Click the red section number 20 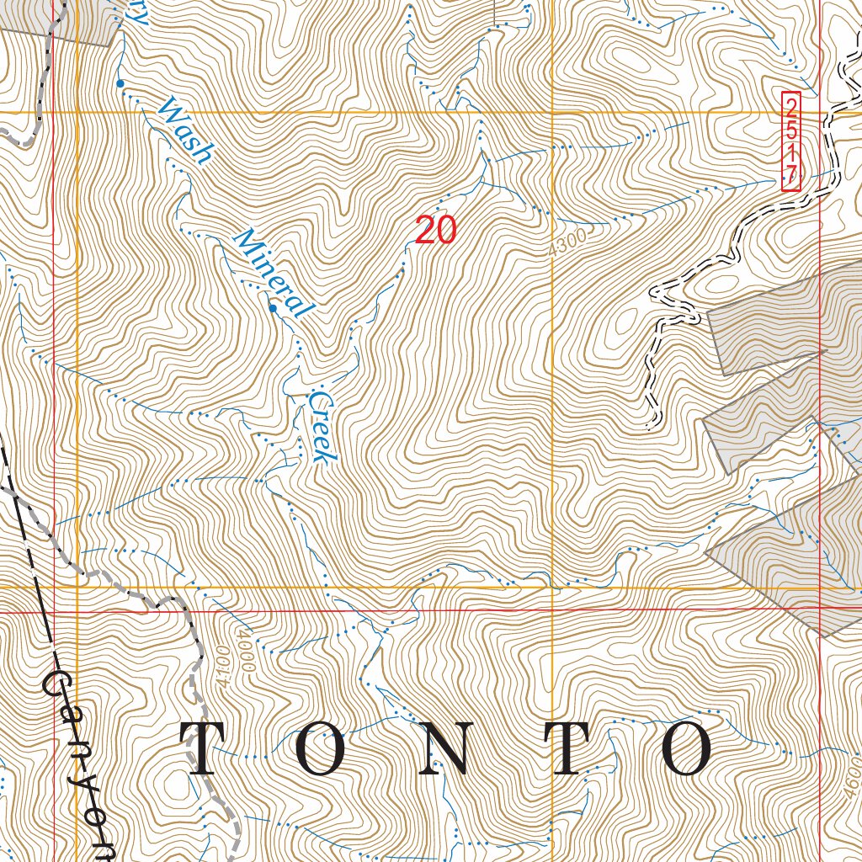pyautogui.click(x=435, y=230)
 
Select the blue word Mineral pyautogui.click(x=270, y=272)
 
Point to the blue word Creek pyautogui.click(x=322, y=425)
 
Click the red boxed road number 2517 pyautogui.click(x=790, y=141)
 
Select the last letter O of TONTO pyautogui.click(x=689, y=748)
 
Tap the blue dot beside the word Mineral pyautogui.click(x=273, y=309)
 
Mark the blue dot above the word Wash pyautogui.click(x=120, y=83)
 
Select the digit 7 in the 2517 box pyautogui.click(x=790, y=175)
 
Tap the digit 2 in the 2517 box pyautogui.click(x=790, y=106)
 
